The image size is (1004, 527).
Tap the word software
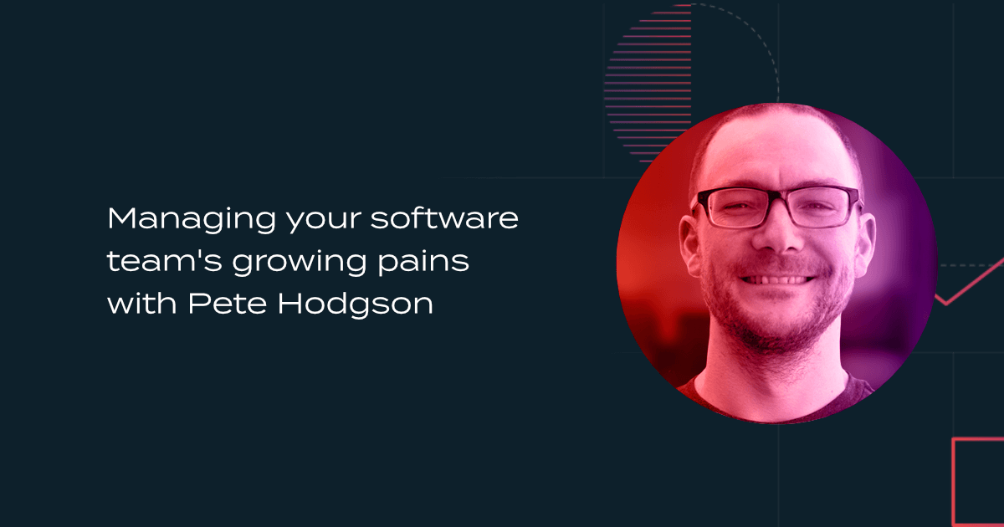[444, 218]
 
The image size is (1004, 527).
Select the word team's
[165, 261]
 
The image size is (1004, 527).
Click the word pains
[423, 262]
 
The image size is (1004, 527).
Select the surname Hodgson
[356, 304]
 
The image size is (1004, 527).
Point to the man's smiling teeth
[777, 279]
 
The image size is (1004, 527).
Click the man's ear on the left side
[690, 244]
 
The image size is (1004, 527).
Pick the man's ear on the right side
[865, 242]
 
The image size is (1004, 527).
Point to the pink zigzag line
[971, 281]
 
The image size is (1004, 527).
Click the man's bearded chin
[777, 330]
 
